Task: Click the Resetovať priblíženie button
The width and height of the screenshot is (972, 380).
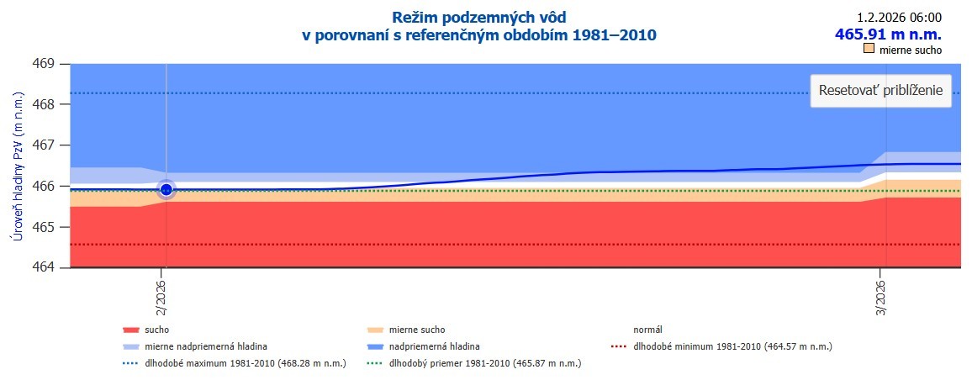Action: (880, 90)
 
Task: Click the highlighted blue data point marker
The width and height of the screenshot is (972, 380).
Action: (166, 189)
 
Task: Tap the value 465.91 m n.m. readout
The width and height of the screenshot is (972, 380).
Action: (887, 34)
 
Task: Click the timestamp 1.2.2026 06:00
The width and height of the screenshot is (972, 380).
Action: (899, 17)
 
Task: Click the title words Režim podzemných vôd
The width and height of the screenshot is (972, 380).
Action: (479, 17)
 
